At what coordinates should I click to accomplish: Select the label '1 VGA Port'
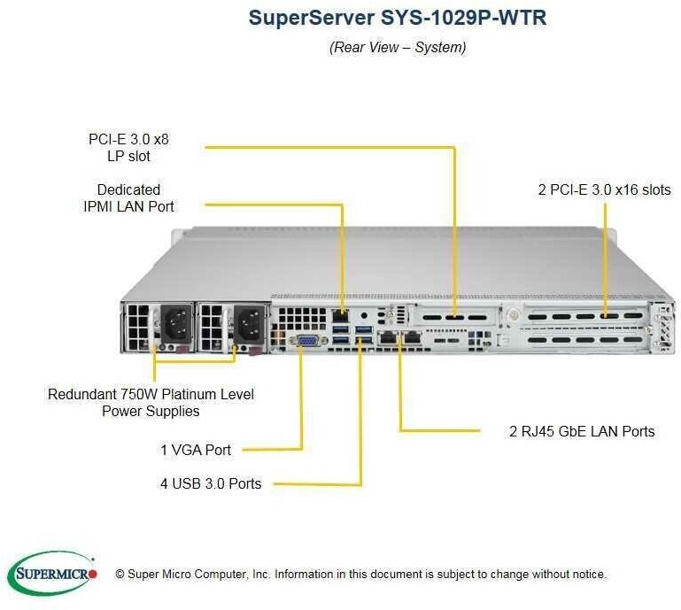click(x=196, y=450)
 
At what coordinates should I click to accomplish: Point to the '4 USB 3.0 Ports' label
click(x=211, y=483)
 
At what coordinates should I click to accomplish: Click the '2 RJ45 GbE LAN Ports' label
click(x=583, y=431)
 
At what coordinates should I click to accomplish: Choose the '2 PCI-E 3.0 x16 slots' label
click(x=604, y=189)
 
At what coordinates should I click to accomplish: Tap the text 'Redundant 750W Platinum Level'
click(x=151, y=394)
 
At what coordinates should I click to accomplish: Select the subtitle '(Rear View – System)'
click(x=398, y=47)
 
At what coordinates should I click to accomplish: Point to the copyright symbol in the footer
click(x=120, y=575)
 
